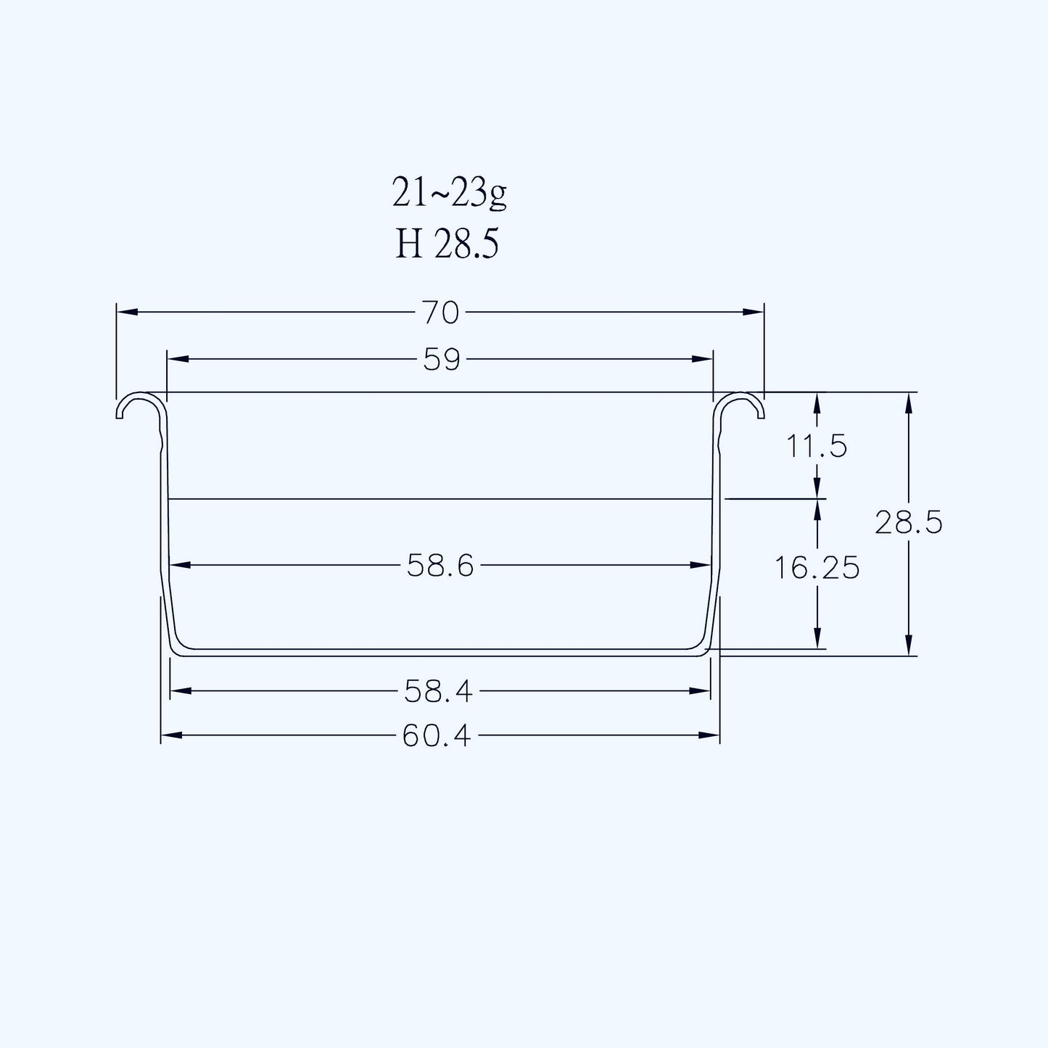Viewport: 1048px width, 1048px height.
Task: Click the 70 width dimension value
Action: (440, 313)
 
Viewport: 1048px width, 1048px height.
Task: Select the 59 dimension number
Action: (442, 360)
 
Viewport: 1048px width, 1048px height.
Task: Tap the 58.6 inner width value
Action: (440, 566)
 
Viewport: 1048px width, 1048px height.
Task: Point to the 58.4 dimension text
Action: (438, 692)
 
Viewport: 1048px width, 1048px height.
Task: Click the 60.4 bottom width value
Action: (437, 736)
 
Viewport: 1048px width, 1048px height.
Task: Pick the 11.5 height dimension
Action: (817, 447)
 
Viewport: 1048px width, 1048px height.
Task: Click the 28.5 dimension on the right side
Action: (909, 523)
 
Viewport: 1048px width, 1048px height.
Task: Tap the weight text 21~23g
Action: (449, 194)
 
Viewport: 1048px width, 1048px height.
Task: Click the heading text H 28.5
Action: (447, 244)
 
